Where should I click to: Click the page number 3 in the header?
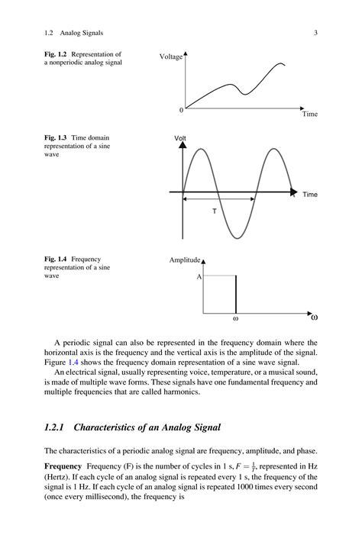pyautogui.click(x=315, y=33)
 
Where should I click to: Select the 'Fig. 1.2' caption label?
pyautogui.click(x=56, y=54)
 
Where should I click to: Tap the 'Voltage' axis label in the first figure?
pyautogui.click(x=171, y=57)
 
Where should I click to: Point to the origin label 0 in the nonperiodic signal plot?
pyautogui.click(x=181, y=110)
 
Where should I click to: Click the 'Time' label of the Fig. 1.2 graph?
pyautogui.click(x=309, y=114)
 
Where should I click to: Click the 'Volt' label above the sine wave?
pyautogui.click(x=180, y=138)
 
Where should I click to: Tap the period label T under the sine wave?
pyautogui.click(x=214, y=210)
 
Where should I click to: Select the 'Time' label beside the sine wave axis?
pyautogui.click(x=309, y=195)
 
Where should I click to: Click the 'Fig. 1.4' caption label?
pyautogui.click(x=56, y=259)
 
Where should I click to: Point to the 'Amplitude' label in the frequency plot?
pyautogui.click(x=184, y=260)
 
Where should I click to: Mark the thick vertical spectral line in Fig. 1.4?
pyautogui.click(x=235, y=295)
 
